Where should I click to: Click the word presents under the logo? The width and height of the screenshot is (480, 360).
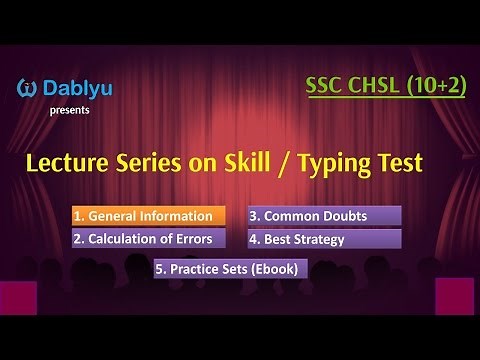[68, 110]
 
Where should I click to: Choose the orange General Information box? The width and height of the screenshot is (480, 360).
[146, 216]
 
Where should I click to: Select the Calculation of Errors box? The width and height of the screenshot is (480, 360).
[146, 239]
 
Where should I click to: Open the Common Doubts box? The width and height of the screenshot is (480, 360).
[324, 216]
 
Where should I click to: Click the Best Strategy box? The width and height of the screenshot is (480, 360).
[324, 239]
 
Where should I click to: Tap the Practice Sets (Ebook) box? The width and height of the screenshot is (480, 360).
[231, 268]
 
